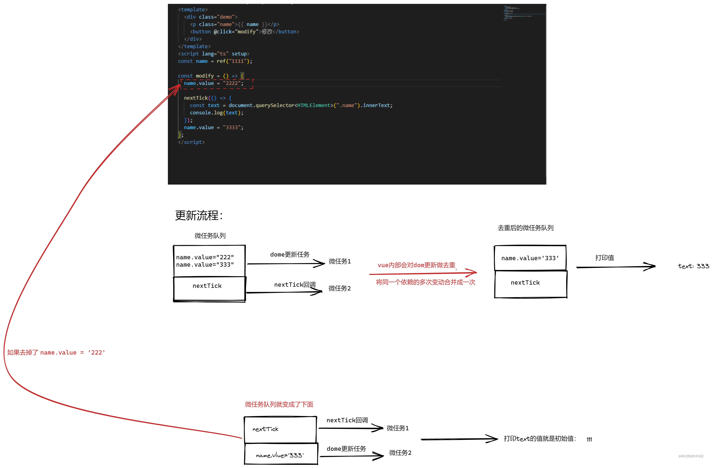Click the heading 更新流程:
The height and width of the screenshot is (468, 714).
coord(199,215)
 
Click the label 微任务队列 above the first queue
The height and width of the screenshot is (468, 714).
coord(210,236)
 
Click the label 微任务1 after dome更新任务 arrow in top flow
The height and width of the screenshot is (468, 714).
coord(340,261)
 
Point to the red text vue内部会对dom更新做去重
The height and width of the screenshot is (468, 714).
coord(416,265)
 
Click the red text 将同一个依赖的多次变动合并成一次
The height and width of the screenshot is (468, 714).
coord(425,282)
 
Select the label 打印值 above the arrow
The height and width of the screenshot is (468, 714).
coord(604,258)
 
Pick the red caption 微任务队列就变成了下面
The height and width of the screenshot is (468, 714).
coord(279,404)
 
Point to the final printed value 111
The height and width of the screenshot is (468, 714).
coord(589,440)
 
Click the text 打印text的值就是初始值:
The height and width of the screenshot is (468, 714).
coord(540,439)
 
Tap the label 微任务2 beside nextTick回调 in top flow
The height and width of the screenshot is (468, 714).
coord(339,288)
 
